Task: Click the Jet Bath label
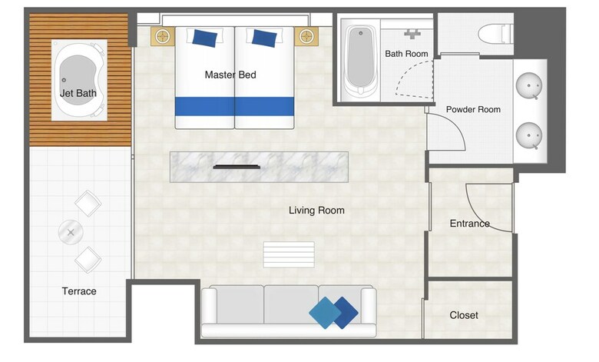[x=78, y=93]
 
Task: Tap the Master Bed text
[x=230, y=75]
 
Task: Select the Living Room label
[x=316, y=211]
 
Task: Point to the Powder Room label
[x=473, y=109]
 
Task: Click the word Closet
[x=464, y=315]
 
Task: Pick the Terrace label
[x=79, y=291]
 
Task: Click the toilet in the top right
[x=495, y=34]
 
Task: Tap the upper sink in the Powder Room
[x=529, y=85]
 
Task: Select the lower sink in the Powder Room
[x=529, y=135]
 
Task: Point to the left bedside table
[x=163, y=37]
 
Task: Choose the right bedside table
[x=306, y=37]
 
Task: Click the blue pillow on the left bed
[x=205, y=38]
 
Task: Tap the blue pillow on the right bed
[x=264, y=38]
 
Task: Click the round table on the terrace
[x=71, y=232]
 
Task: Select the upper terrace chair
[x=88, y=203]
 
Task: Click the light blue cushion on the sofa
[x=325, y=313]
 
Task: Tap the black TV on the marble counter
[x=237, y=167]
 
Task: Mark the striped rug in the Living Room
[x=289, y=254]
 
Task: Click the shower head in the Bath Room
[x=412, y=34]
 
